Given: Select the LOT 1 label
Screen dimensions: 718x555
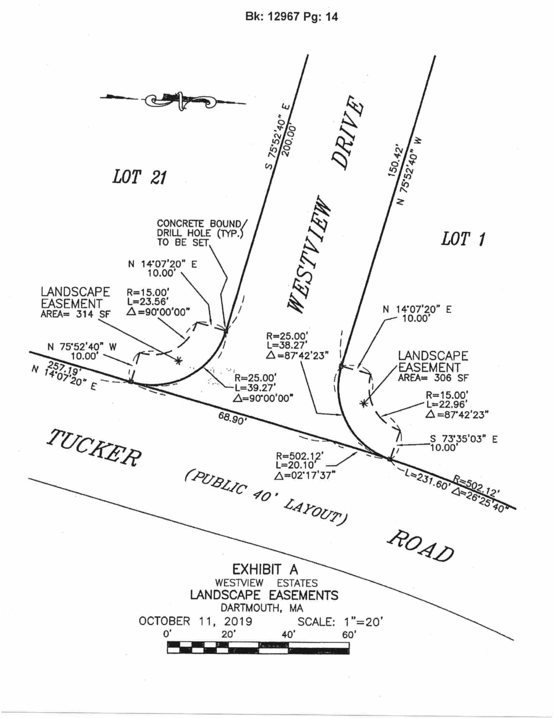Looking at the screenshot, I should click(x=463, y=239).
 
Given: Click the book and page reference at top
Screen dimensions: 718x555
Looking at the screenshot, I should click(x=291, y=17).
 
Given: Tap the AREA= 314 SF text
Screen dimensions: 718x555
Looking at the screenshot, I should click(x=76, y=314).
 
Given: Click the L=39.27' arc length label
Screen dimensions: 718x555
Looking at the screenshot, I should click(x=255, y=388).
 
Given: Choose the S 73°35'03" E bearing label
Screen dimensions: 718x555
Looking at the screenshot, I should click(x=463, y=439).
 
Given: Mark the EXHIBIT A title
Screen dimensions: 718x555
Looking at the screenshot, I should click(x=265, y=569).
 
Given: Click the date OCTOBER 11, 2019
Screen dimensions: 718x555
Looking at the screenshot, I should click(x=195, y=621).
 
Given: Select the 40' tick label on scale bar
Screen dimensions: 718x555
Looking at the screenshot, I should click(x=288, y=634).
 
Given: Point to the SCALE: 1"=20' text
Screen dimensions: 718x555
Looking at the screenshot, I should click(x=340, y=622).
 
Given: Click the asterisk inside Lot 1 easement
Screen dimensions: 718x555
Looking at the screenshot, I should click(x=363, y=403).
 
